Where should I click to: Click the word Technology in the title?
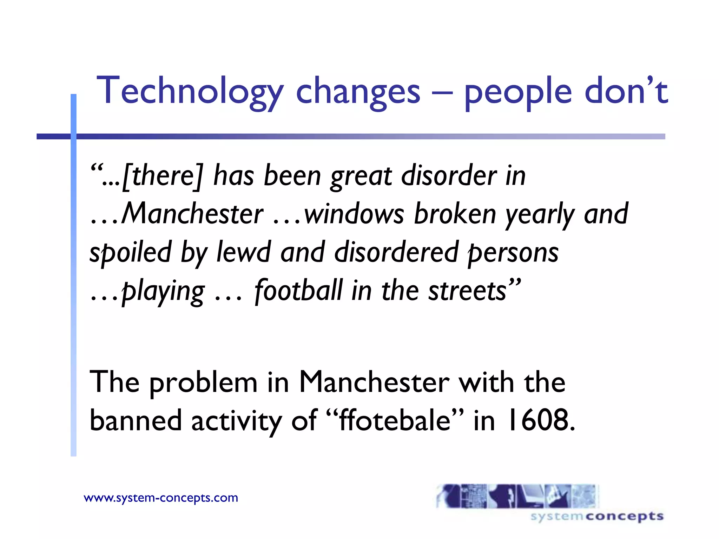(x=190, y=91)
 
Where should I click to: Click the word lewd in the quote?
(x=244, y=252)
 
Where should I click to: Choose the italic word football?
(x=298, y=290)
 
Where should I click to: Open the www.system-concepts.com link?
(x=161, y=498)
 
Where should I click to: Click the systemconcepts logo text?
(x=597, y=516)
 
